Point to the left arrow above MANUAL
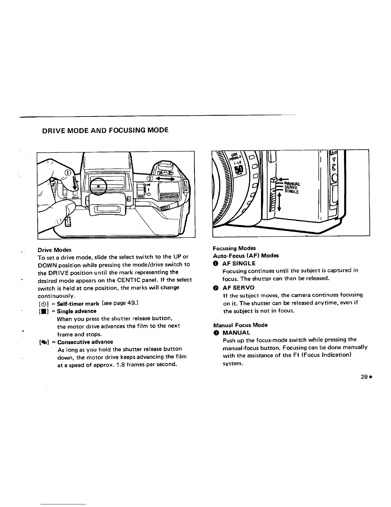tap(283, 179)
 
